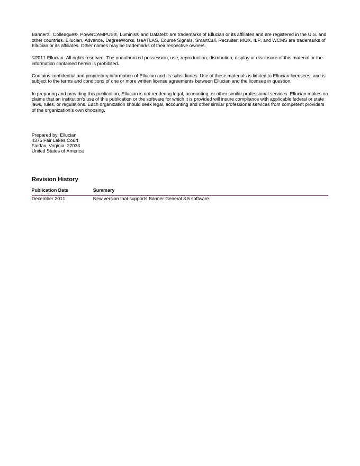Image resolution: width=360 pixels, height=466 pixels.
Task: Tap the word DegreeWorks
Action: [120, 40]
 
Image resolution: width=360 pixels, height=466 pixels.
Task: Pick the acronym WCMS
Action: [278, 40]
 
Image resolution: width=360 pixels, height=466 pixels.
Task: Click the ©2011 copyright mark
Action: [39, 58]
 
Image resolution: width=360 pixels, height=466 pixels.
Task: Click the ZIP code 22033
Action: [74, 146]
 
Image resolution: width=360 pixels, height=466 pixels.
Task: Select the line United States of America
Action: [58, 151]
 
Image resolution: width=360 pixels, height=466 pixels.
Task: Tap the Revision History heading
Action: [55, 180]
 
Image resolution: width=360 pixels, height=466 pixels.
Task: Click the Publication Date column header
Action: [50, 190]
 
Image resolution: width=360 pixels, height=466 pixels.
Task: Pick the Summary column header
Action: [104, 190]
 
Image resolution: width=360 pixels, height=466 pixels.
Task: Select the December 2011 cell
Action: [48, 199]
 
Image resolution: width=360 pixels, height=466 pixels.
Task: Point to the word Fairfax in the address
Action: [39, 146]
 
